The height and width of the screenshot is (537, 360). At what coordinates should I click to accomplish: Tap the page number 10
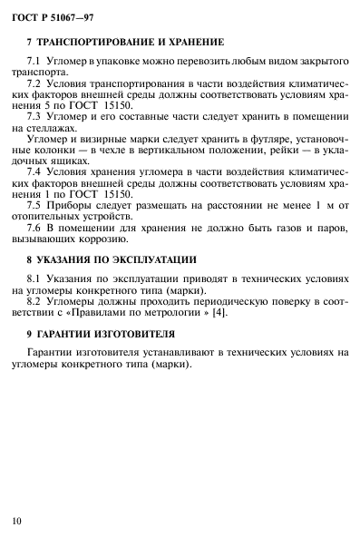[17, 520]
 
